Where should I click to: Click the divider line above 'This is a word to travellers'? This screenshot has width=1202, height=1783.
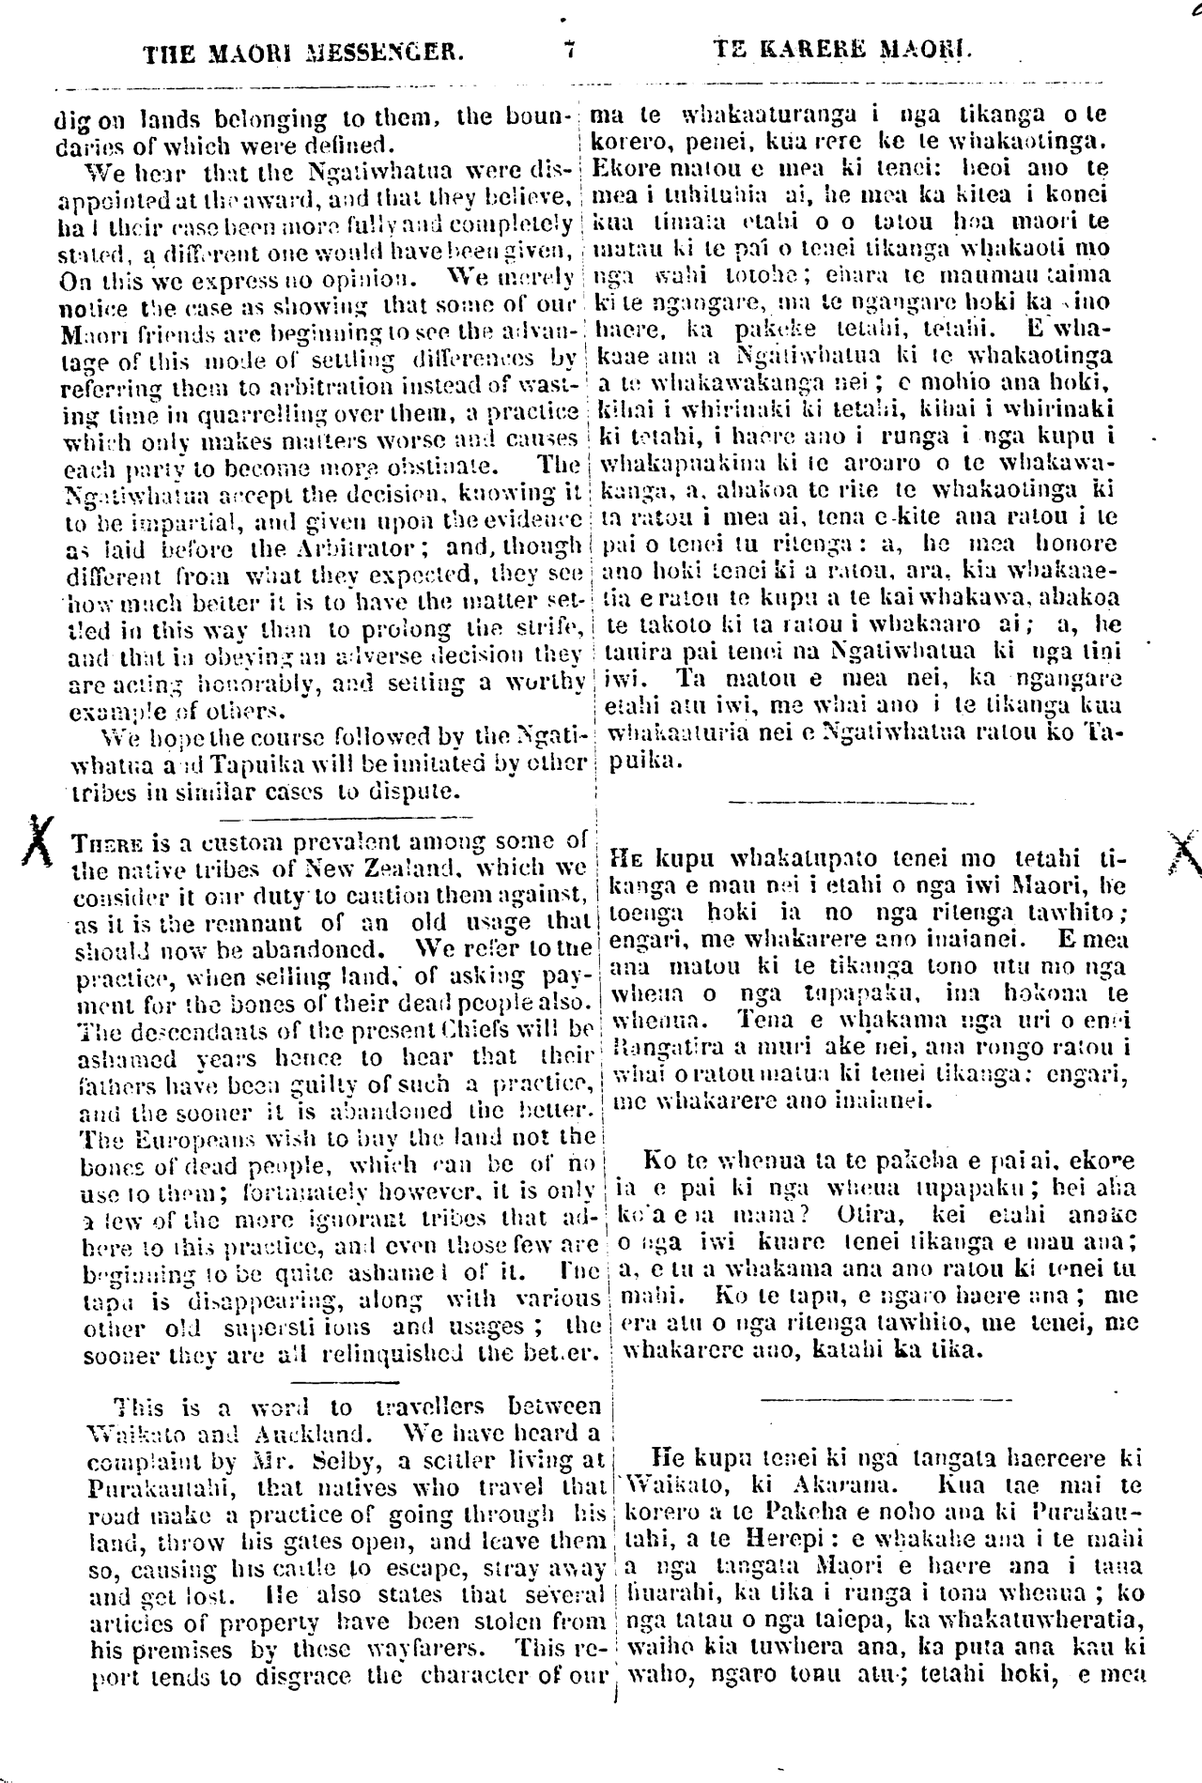[x=333, y=1380]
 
